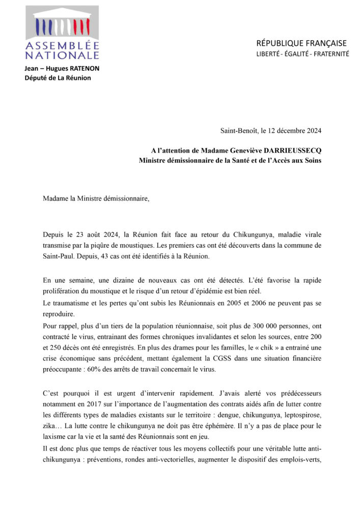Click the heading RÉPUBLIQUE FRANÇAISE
(301, 43)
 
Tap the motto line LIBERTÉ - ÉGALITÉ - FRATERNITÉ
(302, 54)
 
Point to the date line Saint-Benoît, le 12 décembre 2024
(271, 131)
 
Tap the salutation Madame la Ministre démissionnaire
(96, 197)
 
